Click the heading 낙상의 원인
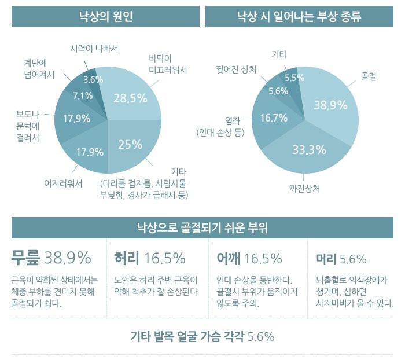106,16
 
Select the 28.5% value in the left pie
130,98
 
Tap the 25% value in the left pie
130,145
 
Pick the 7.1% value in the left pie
83,95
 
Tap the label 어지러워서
64,183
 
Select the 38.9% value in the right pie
330,105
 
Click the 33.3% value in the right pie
308,150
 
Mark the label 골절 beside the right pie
369,76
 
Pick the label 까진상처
305,189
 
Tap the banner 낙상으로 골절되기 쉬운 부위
202,227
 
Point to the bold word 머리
326,259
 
